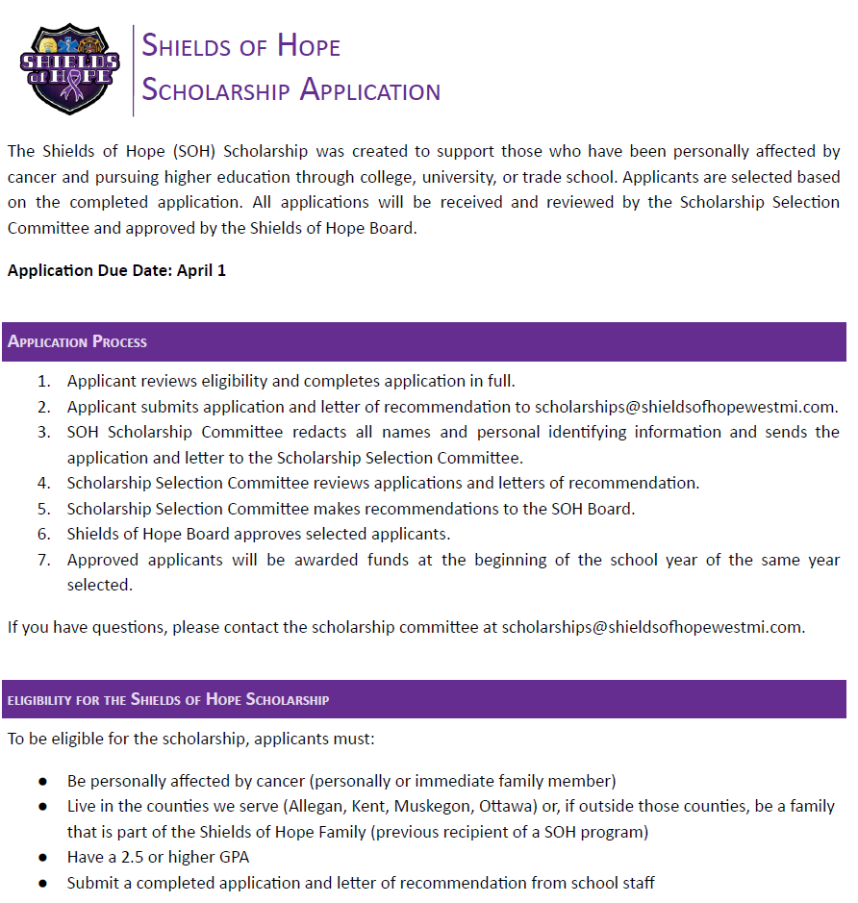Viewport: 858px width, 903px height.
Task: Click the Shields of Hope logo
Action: click(x=70, y=69)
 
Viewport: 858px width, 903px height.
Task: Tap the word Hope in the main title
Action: click(x=309, y=45)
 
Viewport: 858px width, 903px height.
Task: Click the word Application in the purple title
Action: click(x=370, y=90)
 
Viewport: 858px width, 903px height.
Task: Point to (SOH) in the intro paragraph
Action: click(x=195, y=152)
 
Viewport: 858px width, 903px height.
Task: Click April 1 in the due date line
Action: click(x=201, y=270)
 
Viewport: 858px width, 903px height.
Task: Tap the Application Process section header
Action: click(x=78, y=342)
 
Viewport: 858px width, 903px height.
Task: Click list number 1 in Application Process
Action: click(x=43, y=381)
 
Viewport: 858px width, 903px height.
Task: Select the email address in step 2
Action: click(x=686, y=407)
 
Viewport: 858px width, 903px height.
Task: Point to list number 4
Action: click(x=43, y=483)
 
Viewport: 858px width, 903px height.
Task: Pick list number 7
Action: click(x=43, y=560)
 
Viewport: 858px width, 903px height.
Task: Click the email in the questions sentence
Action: click(x=652, y=627)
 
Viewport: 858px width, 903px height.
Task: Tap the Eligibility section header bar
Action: click(x=423, y=699)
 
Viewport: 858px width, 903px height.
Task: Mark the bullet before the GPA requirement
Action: click(x=42, y=857)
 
